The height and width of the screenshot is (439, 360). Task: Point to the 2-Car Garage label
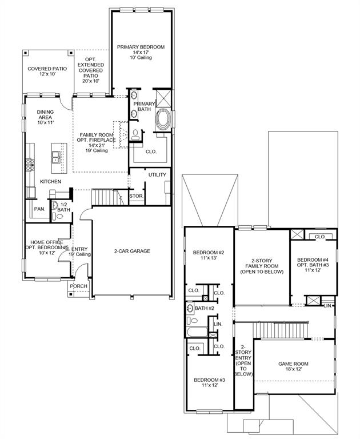click(x=132, y=251)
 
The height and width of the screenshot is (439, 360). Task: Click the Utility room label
click(x=157, y=175)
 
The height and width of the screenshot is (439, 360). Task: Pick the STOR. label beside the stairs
click(x=137, y=197)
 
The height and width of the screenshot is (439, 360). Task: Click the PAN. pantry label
click(x=39, y=209)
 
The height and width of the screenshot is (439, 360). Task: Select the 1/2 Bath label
click(x=64, y=207)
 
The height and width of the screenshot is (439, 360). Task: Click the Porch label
click(x=79, y=286)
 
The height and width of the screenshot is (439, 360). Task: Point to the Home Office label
click(x=47, y=245)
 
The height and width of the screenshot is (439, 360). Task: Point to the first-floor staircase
click(x=106, y=198)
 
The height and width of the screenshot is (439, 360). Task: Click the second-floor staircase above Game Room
click(x=283, y=330)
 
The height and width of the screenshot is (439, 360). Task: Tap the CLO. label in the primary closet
click(x=151, y=152)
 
